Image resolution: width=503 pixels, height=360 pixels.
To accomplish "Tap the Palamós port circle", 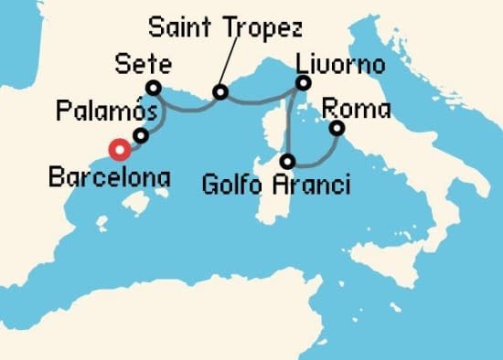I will (140, 136).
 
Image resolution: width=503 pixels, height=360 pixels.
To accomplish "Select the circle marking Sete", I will (154, 88).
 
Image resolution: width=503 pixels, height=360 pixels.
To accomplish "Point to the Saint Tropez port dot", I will (219, 92).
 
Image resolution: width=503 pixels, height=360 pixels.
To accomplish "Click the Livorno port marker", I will (304, 83).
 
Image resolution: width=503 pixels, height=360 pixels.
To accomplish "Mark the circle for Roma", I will (337, 128).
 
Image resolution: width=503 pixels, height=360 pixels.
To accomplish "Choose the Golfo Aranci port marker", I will (288, 162).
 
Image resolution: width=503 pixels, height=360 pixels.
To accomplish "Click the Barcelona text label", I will (110, 175).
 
